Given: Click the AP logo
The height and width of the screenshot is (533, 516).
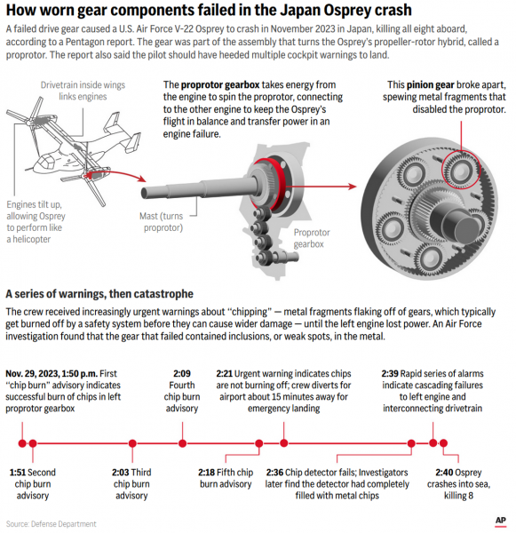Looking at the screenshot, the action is pyautogui.click(x=500, y=521).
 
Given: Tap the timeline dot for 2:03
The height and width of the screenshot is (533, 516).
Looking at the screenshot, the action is pyautogui.click(x=132, y=443).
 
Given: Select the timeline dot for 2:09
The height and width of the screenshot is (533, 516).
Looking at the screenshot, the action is pyautogui.click(x=182, y=443).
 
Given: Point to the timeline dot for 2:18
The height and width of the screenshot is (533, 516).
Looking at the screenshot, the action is pyautogui.click(x=259, y=443).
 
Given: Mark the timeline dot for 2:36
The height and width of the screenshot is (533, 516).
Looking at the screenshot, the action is pyautogui.click(x=411, y=443).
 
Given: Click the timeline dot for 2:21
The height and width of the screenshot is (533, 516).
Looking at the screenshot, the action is pyautogui.click(x=284, y=443).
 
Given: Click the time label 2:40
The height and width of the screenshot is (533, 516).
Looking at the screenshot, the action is pyautogui.click(x=443, y=473).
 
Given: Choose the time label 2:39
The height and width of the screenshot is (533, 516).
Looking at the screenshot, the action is pyautogui.click(x=390, y=374).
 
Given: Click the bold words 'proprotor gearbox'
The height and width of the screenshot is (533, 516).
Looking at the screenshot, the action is pyautogui.click(x=220, y=84).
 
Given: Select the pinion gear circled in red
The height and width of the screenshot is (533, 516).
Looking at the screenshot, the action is pyautogui.click(x=461, y=170).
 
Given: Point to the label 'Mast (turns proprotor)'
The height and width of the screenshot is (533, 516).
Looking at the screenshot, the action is pyautogui.click(x=163, y=221).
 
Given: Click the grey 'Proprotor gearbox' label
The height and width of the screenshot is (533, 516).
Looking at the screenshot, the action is pyautogui.click(x=312, y=238).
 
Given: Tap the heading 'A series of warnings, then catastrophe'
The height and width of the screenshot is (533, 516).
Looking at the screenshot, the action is pyautogui.click(x=99, y=294).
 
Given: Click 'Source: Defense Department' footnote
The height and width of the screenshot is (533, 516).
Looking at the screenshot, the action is pyautogui.click(x=51, y=524).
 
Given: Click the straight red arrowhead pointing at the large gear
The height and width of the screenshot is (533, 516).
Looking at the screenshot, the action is pyautogui.click(x=353, y=187).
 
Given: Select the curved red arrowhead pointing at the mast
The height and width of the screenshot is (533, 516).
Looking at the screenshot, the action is pyautogui.click(x=142, y=179).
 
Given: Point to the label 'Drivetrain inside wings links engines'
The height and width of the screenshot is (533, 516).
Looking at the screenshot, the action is pyautogui.click(x=83, y=91).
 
